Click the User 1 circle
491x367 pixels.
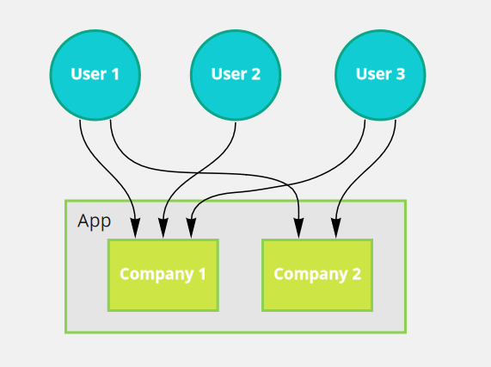95,74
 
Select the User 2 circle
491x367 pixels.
236,74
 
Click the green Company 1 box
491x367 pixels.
163,275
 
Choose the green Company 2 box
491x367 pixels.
317,275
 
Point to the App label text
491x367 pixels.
94,221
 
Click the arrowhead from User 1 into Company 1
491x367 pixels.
135,229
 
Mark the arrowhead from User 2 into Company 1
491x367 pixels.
162,229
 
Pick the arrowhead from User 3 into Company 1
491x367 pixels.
188,229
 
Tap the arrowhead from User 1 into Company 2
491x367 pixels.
299,229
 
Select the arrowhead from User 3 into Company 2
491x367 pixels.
335,229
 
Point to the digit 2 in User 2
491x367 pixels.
255,74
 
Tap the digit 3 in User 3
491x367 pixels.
400,74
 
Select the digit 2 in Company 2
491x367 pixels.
356,275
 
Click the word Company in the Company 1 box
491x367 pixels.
156,275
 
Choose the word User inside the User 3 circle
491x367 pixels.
371,74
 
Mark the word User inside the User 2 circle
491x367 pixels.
227,74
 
